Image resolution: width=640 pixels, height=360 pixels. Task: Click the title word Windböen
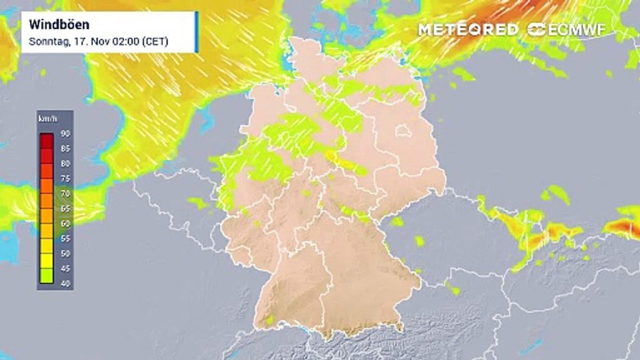52,24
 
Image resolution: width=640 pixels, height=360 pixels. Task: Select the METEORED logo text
468,30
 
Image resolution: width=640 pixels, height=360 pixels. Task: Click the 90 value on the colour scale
65,133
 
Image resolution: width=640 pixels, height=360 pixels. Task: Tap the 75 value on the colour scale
65,178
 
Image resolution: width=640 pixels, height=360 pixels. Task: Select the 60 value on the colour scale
65,223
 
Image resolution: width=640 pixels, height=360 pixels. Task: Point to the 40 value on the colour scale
65,283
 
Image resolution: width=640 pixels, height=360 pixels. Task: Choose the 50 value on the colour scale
65,253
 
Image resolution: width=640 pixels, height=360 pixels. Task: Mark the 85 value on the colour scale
65,148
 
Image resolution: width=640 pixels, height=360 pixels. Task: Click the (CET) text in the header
155,41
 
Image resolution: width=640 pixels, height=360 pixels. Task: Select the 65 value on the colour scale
65,208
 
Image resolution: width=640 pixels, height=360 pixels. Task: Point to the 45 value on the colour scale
65,268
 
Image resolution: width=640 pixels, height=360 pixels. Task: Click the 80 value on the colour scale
65,163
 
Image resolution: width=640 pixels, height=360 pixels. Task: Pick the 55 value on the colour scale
65,238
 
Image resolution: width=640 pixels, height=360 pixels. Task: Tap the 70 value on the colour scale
65,193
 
